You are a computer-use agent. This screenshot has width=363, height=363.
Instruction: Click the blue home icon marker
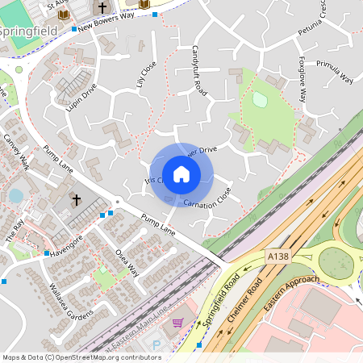tap(181, 174)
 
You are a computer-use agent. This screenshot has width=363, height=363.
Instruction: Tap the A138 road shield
tap(277, 255)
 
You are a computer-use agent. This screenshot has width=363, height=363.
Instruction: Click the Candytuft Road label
tap(199, 71)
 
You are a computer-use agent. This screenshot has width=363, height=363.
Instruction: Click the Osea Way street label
tap(127, 263)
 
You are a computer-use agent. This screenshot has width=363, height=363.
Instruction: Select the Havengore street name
tap(66, 243)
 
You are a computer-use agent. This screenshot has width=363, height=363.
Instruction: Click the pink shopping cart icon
tap(177, 323)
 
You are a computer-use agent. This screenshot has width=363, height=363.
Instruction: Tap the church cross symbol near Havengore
tap(77, 199)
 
